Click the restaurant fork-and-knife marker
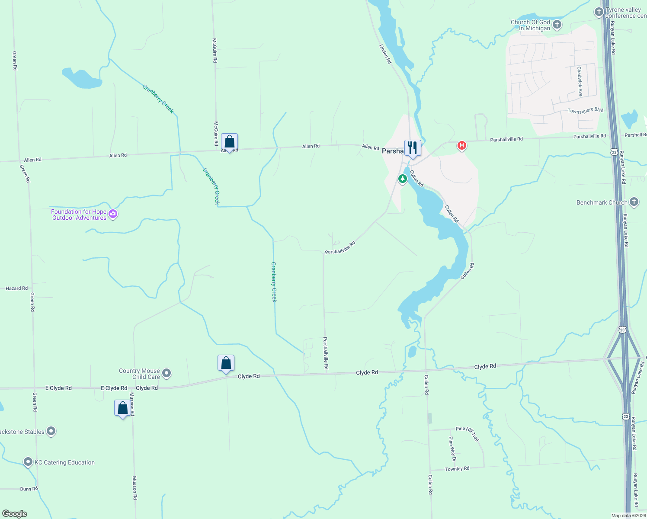coord(413,148)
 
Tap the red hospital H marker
coord(461,145)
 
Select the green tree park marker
coord(403,178)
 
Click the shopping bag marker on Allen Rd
coord(229,141)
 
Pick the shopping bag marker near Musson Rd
coord(123,408)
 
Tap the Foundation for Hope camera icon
coord(113,214)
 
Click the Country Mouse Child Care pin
coord(167,373)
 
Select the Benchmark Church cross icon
coord(634,202)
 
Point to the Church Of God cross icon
coord(557,25)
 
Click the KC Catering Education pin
coord(28,462)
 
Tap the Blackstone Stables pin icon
coord(51,431)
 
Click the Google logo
coord(14,513)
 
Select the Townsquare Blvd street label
coord(585,111)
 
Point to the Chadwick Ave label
coord(580,81)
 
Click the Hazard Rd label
coord(16,288)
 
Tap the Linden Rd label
coord(385,54)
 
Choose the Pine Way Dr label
coord(452,449)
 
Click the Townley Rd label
coord(457,469)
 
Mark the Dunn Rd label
coord(29,489)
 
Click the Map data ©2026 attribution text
coord(628,516)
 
